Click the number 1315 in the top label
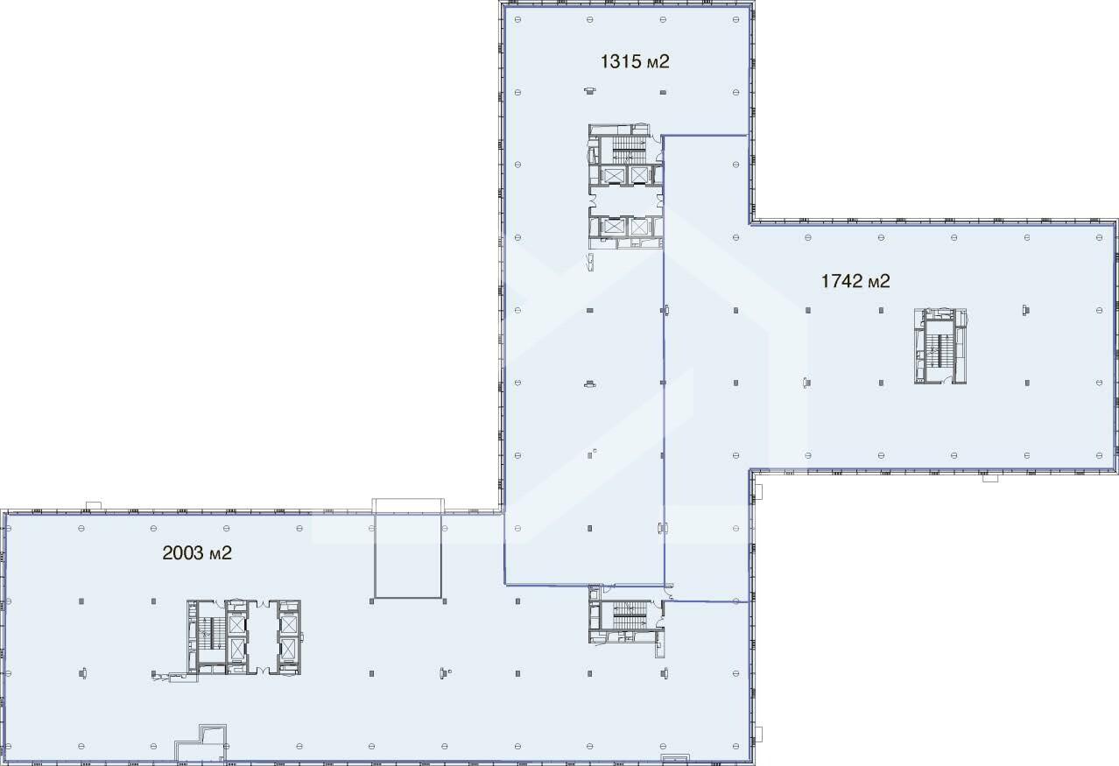617,61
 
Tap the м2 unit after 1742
880,282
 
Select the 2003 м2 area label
197,553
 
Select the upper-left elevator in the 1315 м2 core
612,175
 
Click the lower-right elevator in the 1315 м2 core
639,227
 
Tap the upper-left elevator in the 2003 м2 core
236,625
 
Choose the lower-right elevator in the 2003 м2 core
288,650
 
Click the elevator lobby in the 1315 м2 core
626,200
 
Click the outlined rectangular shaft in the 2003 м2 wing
408,556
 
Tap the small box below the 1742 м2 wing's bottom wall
989,478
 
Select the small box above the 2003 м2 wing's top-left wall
94,506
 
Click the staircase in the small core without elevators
630,615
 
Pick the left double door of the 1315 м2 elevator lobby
593,200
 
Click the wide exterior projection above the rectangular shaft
408,505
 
